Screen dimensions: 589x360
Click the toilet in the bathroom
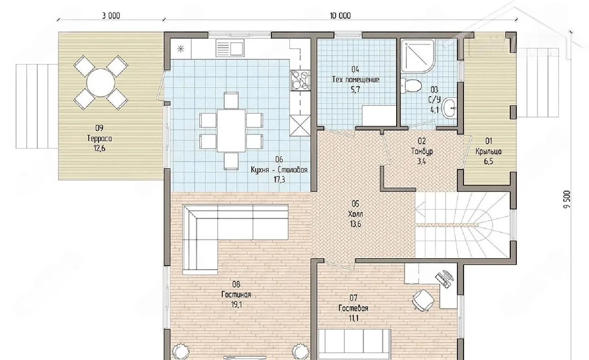coord(411,86)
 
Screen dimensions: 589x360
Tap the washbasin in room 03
coord(450,108)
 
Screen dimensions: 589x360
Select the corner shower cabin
coord(418,56)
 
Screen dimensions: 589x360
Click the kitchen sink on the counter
coord(230,48)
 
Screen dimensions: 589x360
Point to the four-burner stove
coord(300,80)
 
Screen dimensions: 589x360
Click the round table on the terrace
coord(101,82)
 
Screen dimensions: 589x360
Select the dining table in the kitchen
coord(231,131)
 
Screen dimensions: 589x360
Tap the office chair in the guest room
coord(423,301)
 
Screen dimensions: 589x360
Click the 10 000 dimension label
coord(340,16)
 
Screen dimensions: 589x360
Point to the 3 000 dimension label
coord(111,16)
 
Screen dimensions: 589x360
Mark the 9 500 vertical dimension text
coord(566,199)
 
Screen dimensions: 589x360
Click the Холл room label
coord(355,214)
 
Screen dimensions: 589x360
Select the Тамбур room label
coord(422,151)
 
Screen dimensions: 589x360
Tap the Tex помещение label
coord(356,80)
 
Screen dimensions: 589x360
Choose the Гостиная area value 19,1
coord(237,305)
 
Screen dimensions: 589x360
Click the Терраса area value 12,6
coord(99,148)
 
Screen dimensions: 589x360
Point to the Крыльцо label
coord(489,151)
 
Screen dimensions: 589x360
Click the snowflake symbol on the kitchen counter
coord(181,49)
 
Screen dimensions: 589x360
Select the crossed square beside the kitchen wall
coord(300,126)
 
